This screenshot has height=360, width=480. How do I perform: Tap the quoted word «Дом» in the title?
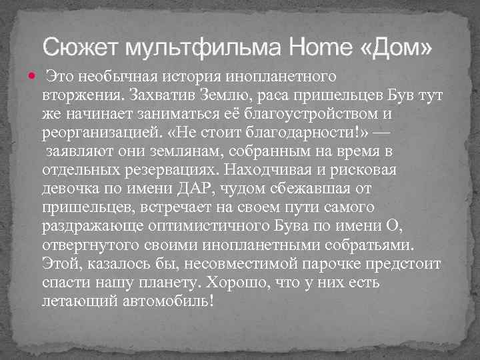tap(397, 47)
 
